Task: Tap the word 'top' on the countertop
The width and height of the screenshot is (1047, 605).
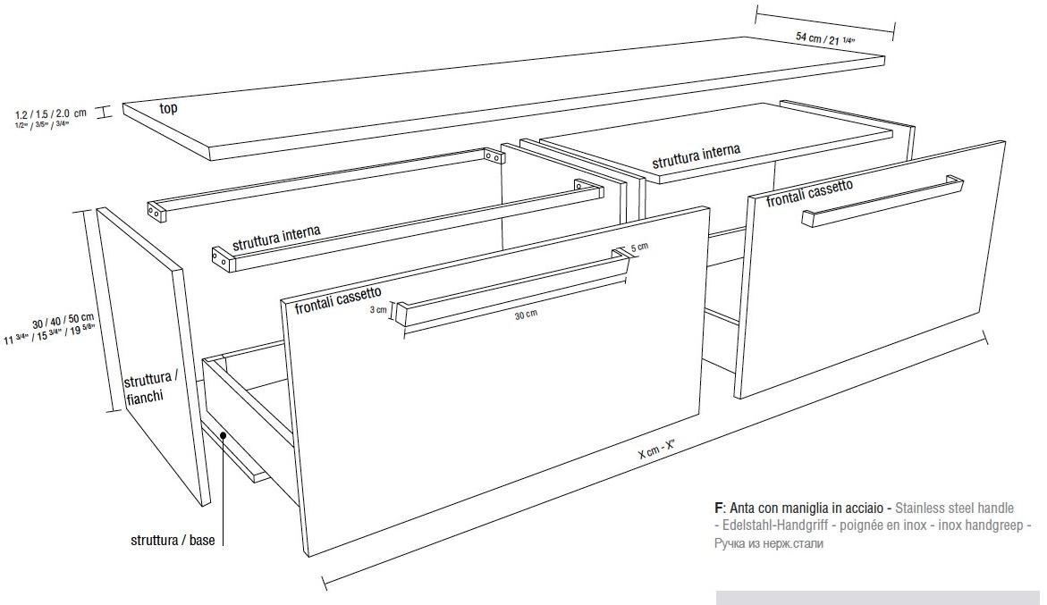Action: tap(168, 108)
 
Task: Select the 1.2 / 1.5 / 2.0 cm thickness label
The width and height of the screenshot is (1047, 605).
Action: tap(50, 113)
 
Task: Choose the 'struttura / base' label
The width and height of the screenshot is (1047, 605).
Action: tap(172, 541)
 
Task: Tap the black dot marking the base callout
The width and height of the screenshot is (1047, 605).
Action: tap(222, 435)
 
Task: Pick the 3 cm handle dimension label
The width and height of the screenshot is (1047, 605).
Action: tap(379, 310)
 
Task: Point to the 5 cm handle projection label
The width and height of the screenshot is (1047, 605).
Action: tap(638, 247)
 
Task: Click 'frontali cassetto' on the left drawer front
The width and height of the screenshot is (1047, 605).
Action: tap(338, 299)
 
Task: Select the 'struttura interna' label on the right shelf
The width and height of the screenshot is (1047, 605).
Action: tap(696, 157)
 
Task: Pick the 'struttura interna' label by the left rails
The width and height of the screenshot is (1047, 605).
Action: tap(276, 238)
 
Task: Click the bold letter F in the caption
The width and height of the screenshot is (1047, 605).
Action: tap(718, 508)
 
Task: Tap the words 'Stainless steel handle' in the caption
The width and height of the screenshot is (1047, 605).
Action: tap(955, 508)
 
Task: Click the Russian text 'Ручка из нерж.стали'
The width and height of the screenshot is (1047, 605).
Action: tap(768, 542)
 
